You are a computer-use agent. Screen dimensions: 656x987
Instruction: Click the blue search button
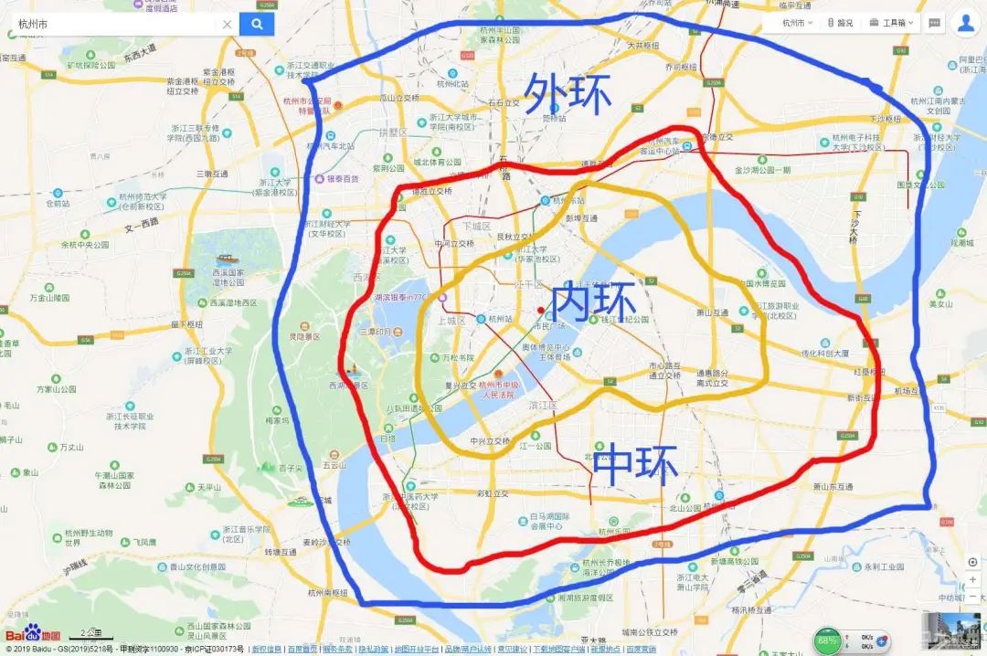257,25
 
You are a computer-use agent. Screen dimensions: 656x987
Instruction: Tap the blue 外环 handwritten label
567,94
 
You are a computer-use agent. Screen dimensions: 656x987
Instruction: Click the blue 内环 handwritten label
594,301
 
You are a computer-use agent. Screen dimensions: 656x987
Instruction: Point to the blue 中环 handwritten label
635,463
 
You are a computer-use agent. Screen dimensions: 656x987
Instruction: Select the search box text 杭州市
36,25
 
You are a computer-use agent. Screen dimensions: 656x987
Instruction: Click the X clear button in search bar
227,25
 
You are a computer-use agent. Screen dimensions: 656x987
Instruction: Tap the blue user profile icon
965,23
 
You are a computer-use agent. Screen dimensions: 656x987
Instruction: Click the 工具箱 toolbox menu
891,23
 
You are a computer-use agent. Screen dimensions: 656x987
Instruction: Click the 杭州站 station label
502,320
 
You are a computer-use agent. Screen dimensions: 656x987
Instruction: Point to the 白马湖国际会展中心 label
554,522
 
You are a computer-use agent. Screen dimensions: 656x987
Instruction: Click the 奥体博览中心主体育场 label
546,353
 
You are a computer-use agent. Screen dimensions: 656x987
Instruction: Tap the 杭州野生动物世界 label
89,537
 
